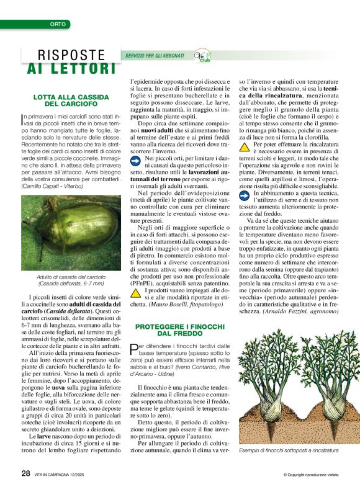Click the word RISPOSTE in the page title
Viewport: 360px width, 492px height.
click(x=71, y=55)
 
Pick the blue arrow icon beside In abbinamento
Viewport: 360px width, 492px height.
click(x=245, y=193)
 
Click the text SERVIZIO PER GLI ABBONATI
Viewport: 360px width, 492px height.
click(x=155, y=56)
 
